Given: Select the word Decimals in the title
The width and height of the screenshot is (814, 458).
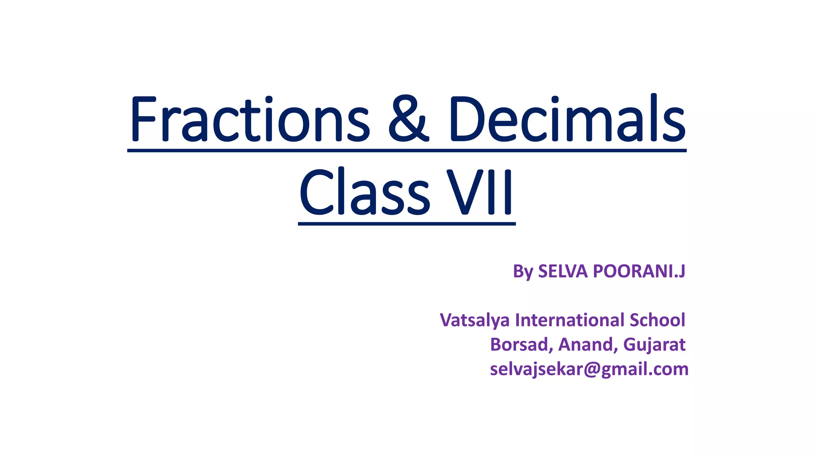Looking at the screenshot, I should (568, 119).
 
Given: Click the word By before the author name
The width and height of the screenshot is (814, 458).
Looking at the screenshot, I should (523, 272).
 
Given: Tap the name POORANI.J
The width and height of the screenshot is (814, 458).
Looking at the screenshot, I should (639, 271).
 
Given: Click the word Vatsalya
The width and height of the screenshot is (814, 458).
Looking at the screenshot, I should (475, 320).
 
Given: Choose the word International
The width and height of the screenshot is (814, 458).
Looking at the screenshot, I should (570, 320).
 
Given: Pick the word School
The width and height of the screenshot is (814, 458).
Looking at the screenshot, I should (657, 320).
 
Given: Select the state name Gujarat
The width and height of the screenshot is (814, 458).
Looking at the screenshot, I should (654, 345).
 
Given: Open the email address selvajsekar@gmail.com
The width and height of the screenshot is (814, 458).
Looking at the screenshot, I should (589, 369).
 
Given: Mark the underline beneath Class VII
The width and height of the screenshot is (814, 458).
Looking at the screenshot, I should (407, 224).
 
